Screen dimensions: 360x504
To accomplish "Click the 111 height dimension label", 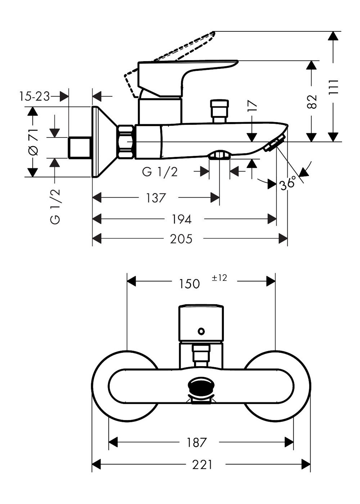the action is (333, 87).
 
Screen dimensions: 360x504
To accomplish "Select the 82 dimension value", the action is (312, 102).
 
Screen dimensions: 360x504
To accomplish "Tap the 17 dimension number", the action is (252, 107).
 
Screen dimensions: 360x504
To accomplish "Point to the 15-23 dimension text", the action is (34, 96).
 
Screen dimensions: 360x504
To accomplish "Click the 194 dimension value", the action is (181, 219).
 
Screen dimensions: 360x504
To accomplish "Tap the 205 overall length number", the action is (181, 239).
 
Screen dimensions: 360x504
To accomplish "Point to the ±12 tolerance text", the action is (219, 278).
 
